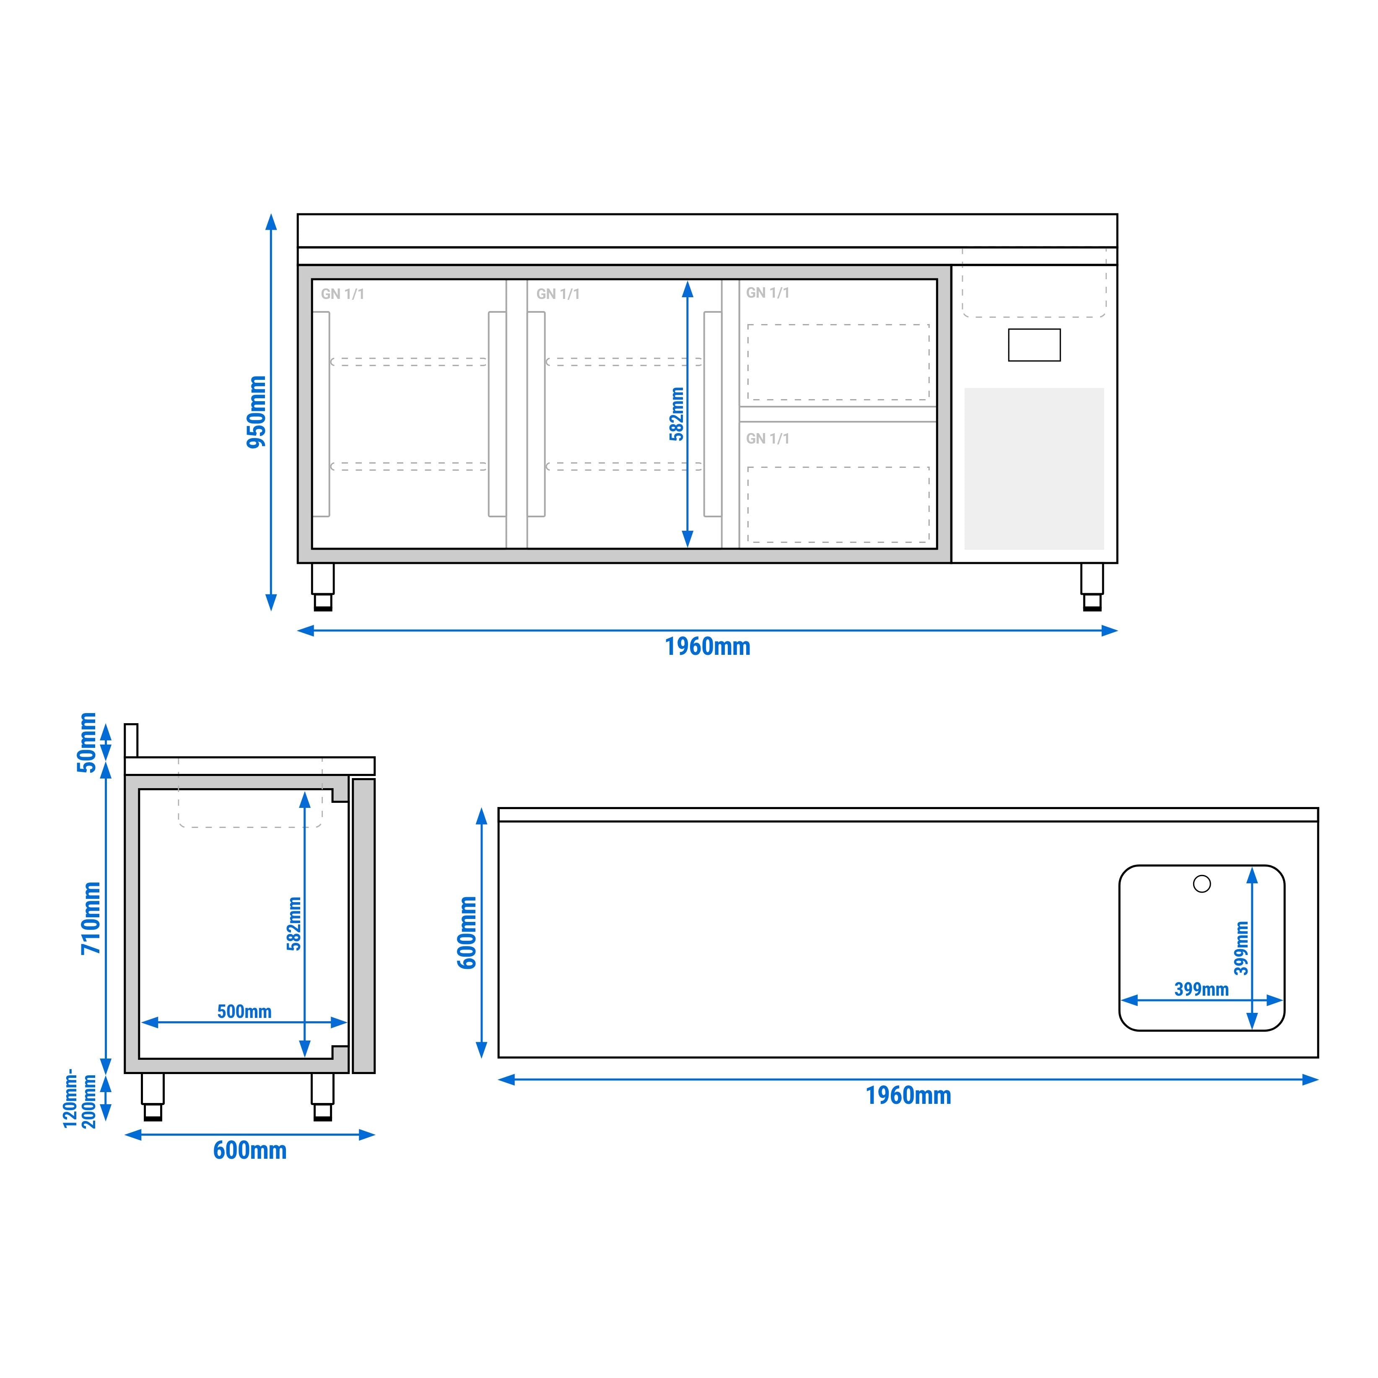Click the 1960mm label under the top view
tap(908, 1095)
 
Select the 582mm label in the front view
tap(677, 414)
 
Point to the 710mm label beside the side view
tap(91, 918)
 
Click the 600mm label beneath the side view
tap(249, 1150)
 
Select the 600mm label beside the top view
tap(467, 932)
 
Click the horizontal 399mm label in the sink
tap(1201, 989)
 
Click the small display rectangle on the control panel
tap(1034, 345)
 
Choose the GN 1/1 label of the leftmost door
tap(343, 294)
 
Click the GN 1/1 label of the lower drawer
tap(768, 439)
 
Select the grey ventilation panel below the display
tap(1034, 469)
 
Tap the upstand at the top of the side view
tap(131, 740)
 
